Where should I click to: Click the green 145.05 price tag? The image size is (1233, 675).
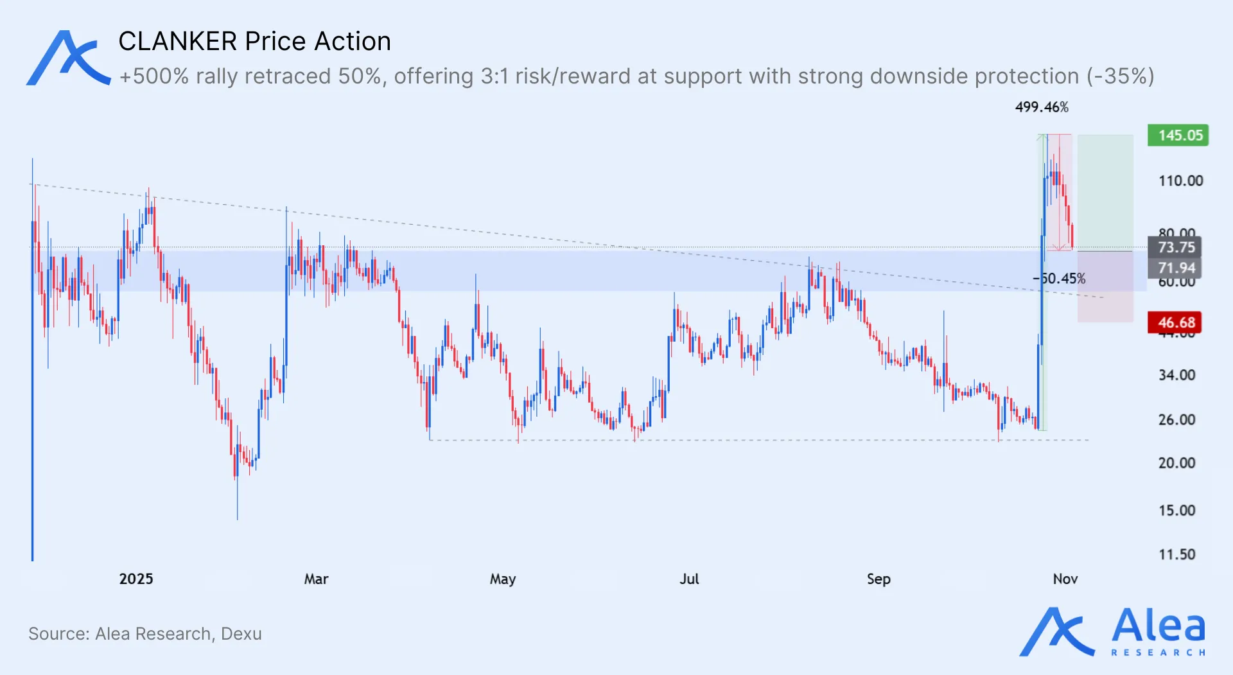(x=1178, y=136)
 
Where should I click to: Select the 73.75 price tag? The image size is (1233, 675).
(x=1175, y=247)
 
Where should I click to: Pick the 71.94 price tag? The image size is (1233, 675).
(x=1175, y=268)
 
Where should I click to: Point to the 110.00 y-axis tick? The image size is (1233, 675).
(x=1180, y=181)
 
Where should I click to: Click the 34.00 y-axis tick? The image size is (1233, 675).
(x=1176, y=375)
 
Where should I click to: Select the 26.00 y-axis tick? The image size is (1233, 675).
(x=1176, y=420)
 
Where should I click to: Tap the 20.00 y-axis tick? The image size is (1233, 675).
(x=1176, y=463)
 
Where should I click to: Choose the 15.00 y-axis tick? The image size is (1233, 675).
(x=1176, y=511)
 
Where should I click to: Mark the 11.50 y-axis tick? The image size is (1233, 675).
(x=1176, y=555)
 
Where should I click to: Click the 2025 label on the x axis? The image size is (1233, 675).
(x=136, y=579)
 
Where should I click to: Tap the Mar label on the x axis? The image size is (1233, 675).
(x=316, y=579)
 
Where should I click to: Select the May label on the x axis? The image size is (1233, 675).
(x=503, y=579)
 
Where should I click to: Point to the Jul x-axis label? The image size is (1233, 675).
(x=689, y=579)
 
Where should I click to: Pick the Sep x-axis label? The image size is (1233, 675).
(x=879, y=579)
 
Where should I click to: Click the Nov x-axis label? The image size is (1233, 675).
(x=1065, y=579)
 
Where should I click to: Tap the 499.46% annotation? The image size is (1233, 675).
(x=1042, y=107)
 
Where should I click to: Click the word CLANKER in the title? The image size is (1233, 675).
(x=178, y=42)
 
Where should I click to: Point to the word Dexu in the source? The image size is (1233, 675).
(x=241, y=634)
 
